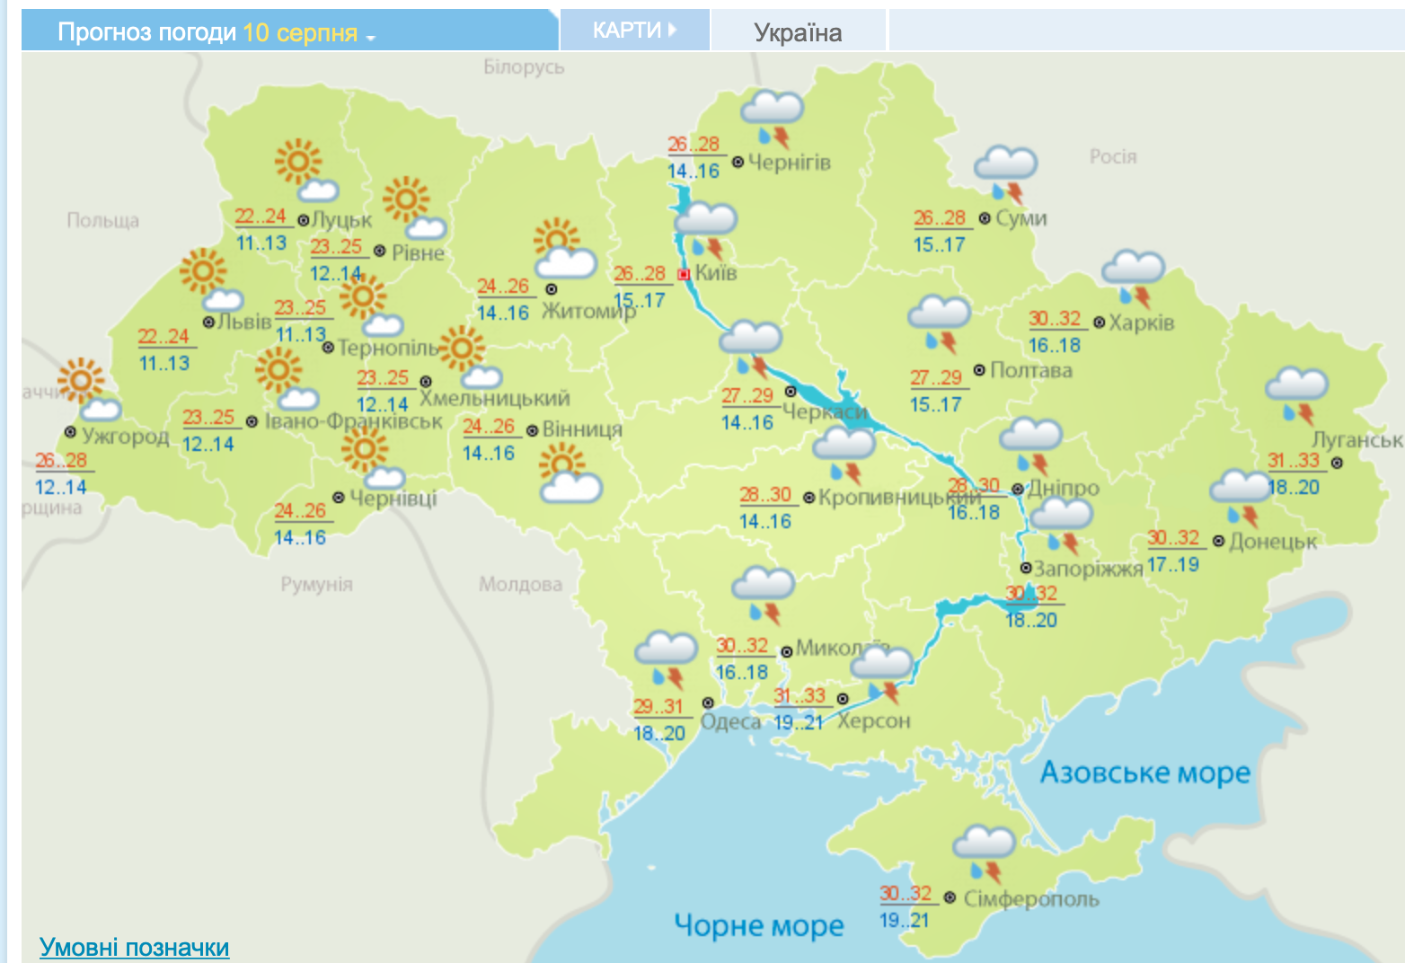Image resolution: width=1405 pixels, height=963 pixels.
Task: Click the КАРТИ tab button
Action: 633,31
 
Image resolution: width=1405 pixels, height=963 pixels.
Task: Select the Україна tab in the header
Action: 798,32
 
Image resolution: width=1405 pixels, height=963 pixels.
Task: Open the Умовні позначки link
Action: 135,947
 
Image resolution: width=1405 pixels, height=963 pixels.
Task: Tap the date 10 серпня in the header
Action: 300,32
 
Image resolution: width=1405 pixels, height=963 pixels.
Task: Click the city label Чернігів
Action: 790,163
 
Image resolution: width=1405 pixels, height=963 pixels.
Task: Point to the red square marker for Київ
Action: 684,274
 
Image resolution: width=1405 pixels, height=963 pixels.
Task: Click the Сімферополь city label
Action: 1031,898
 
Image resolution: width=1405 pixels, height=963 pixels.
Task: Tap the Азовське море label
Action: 1145,773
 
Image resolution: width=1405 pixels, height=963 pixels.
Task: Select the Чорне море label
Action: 759,925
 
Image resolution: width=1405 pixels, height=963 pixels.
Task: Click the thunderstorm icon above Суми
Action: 1006,174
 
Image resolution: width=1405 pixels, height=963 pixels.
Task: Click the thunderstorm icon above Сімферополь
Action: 985,853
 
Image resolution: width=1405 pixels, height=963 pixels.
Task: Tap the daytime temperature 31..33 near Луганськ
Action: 1294,461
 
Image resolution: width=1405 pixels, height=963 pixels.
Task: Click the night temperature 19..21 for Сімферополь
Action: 904,920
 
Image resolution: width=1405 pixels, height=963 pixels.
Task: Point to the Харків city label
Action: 1141,322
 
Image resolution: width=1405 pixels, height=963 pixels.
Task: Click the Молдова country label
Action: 520,585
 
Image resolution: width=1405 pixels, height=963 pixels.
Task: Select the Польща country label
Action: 102,220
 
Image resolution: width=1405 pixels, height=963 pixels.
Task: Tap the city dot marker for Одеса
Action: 708,702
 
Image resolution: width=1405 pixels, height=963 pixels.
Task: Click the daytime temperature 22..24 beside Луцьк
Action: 261,216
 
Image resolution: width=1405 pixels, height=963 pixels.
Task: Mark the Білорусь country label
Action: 524,66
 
